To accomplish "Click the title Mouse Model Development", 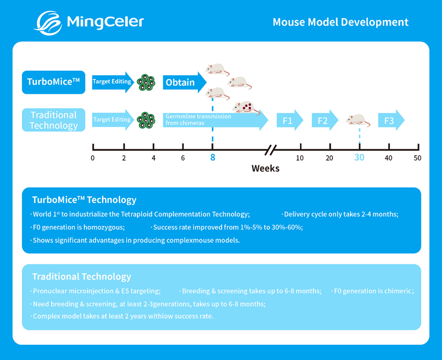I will tap(340, 22).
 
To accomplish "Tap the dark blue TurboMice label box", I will tap(54, 82).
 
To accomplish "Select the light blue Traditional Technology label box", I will tap(54, 120).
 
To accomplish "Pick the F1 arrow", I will tap(289, 121).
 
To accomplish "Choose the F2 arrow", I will tap(324, 121).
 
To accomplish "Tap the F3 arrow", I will tap(391, 121).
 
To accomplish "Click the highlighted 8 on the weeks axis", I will tap(213, 158).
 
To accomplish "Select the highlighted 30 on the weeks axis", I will tap(359, 158).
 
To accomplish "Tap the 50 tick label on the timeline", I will tap(417, 158).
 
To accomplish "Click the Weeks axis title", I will tap(265, 168).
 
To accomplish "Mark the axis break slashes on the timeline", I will tap(271, 150).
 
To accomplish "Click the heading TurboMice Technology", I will tap(84, 200).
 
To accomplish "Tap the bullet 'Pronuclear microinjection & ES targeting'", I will tap(96, 291).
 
